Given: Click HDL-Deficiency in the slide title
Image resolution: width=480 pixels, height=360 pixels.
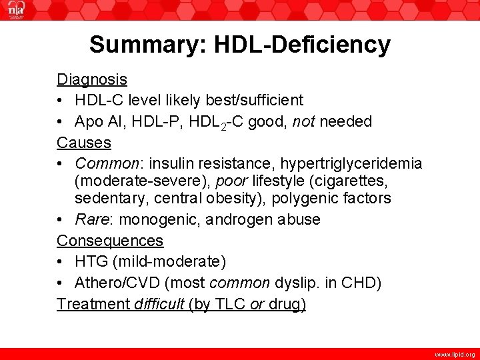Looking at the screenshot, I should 297,45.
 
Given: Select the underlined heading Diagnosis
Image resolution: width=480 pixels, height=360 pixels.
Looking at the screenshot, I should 92,79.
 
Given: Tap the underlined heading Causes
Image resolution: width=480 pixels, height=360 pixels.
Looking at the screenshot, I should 84,142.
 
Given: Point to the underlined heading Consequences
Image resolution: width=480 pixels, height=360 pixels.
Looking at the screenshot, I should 110,240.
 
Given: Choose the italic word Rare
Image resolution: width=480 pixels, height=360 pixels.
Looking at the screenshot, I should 91,219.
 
